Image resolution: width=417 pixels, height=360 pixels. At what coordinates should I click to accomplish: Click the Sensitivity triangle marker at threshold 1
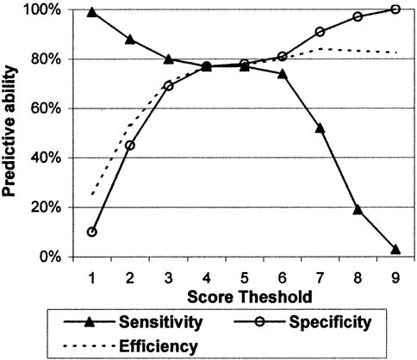point(92,13)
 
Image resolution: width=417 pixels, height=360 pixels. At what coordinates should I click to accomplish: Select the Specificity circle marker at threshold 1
point(92,232)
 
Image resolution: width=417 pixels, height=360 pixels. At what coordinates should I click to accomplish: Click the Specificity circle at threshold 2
point(130,145)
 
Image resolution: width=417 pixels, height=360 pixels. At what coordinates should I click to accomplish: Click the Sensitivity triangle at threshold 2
point(130,40)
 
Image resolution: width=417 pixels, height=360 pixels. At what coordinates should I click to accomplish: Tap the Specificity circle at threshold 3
point(168,86)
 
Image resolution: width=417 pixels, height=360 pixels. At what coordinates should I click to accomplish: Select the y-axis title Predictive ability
point(13,133)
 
